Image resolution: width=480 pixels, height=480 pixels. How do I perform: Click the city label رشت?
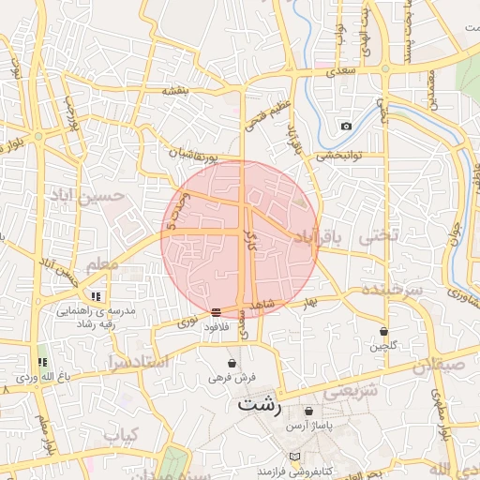(x=260, y=405)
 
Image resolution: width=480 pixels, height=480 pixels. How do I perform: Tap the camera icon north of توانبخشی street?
(x=346, y=126)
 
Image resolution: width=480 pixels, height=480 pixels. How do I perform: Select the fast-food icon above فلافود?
(x=217, y=311)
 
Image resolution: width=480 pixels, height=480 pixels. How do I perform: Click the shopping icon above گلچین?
(x=384, y=331)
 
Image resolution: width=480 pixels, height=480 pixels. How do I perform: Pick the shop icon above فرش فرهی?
(x=232, y=363)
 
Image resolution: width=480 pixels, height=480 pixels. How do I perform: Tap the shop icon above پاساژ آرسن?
(x=310, y=411)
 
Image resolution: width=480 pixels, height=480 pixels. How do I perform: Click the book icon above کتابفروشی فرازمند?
(x=296, y=457)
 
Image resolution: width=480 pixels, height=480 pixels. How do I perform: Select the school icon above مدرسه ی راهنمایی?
(x=97, y=296)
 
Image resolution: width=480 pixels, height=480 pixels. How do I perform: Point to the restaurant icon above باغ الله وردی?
(x=41, y=362)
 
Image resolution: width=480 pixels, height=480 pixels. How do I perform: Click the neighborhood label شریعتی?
(x=351, y=391)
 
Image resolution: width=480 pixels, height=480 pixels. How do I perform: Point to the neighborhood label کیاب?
(x=121, y=435)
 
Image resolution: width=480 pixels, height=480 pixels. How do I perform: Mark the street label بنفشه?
(x=176, y=90)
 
